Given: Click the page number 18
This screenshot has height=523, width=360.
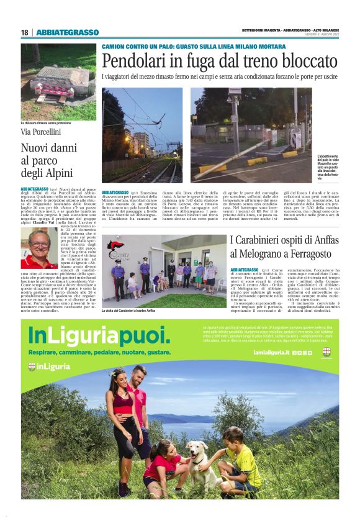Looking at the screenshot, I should pos(25,32).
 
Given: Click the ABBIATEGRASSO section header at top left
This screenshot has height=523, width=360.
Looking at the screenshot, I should pos(67,32).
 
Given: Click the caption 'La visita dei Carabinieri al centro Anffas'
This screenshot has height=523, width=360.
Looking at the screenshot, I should pos(138,310).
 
